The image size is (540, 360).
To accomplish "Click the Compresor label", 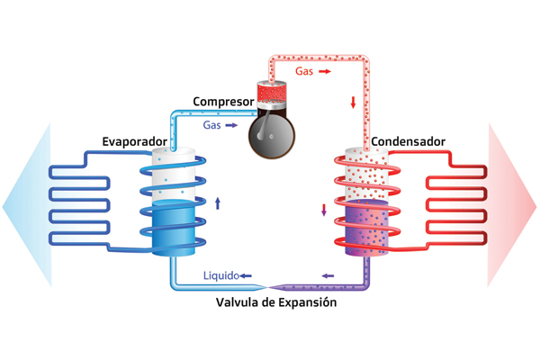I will click(x=223, y=101).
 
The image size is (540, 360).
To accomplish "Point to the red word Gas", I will click(x=305, y=69).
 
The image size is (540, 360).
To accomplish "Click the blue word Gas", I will click(x=212, y=126).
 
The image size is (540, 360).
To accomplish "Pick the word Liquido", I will click(x=220, y=274).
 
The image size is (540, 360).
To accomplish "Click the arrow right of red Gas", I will click(x=326, y=69).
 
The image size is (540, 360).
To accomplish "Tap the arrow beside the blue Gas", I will click(x=232, y=126).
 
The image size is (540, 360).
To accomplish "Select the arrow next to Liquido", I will click(x=246, y=274).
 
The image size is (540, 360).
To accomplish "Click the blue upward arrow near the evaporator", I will click(x=217, y=202).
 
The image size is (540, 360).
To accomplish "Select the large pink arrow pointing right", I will click(x=513, y=205).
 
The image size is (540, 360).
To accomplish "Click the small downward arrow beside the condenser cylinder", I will click(x=323, y=211).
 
